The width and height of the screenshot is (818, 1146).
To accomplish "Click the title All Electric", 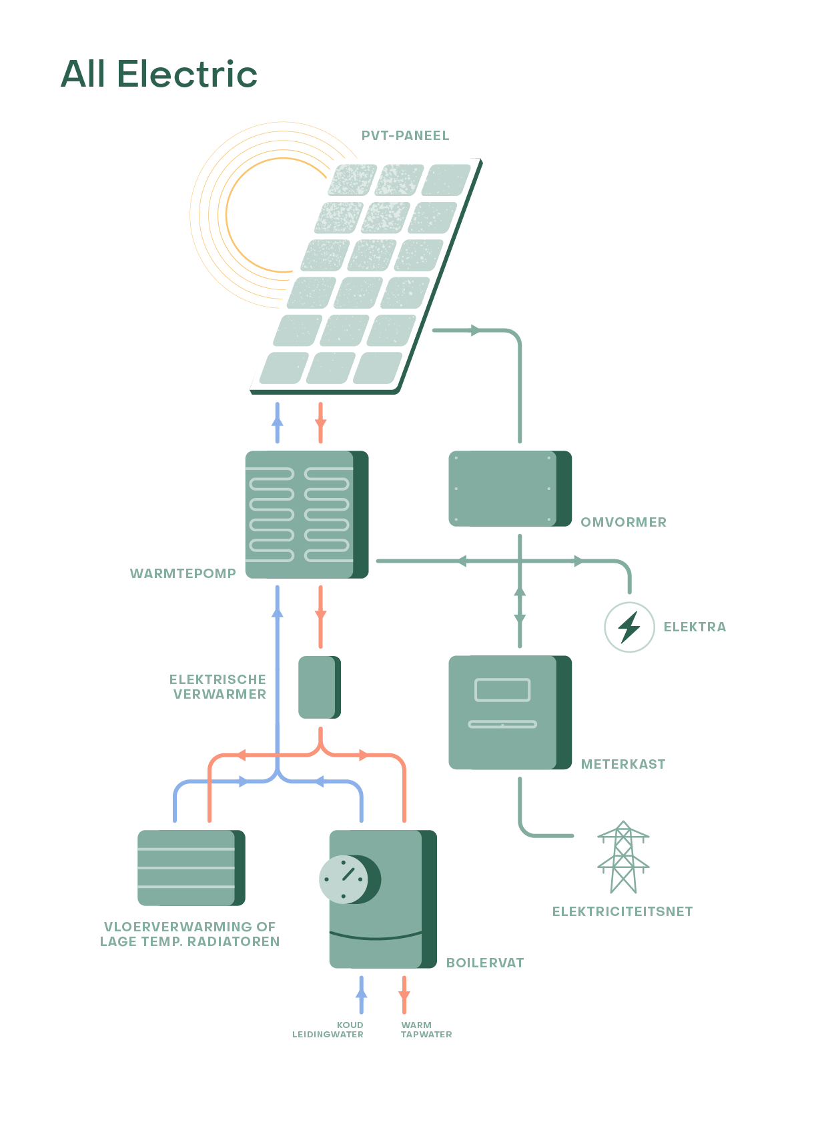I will (x=159, y=73).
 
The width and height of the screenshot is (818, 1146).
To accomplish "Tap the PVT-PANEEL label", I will (x=405, y=135).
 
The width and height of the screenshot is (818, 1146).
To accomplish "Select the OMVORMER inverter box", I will (x=509, y=489).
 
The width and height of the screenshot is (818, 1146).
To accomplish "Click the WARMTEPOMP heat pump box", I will (x=306, y=514).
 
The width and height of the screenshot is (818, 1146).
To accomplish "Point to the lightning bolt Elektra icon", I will (x=629, y=627).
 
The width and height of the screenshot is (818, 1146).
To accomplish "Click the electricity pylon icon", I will (x=623, y=857).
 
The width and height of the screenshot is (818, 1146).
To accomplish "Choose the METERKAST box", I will (x=509, y=712).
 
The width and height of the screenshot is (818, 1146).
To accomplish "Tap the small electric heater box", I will (x=319, y=687).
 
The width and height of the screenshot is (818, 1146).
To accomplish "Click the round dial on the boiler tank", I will (x=344, y=879).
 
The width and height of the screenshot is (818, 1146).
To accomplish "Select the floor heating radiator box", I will (x=191, y=867).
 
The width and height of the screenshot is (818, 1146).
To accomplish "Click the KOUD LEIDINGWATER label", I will (x=328, y=1029).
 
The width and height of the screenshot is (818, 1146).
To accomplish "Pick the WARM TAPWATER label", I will (x=426, y=1029).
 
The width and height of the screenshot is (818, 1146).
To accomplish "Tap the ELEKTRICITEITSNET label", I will (x=622, y=911).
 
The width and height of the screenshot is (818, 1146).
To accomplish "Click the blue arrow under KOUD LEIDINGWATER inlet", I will (x=361, y=994).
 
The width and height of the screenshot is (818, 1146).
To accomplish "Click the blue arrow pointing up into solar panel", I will (x=277, y=421).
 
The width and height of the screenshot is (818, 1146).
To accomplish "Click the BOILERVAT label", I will (x=484, y=963).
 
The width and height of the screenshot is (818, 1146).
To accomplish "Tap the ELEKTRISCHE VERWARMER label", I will (x=218, y=687).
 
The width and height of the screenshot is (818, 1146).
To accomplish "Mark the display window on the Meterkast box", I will (x=502, y=690).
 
